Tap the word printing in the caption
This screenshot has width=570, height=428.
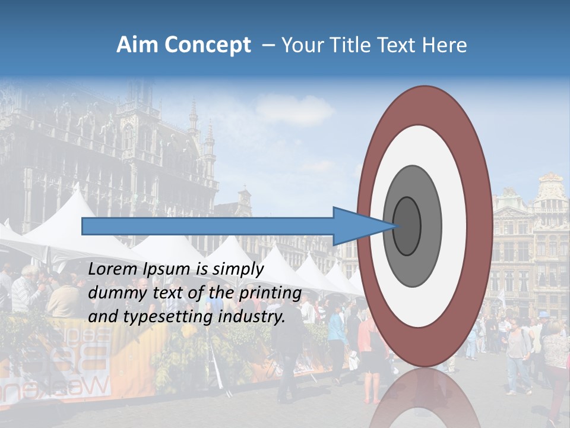270,294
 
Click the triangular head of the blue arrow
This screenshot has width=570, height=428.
356,226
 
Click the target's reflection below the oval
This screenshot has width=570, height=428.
425,398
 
